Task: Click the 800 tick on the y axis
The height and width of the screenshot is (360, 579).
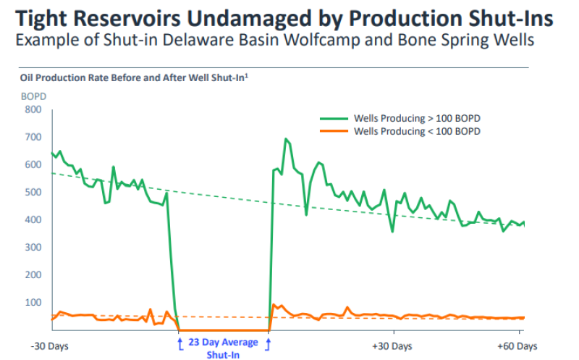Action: (x=33, y=110)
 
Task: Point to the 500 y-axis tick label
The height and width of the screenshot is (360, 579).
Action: (x=33, y=193)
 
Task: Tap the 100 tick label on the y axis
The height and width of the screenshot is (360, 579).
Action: (x=33, y=303)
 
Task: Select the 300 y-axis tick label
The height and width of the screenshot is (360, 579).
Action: (x=33, y=248)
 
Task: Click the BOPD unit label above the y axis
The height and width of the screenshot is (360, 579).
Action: (x=33, y=95)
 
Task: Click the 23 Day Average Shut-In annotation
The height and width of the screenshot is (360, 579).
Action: (x=223, y=348)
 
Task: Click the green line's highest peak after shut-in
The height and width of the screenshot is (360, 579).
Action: (x=286, y=139)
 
